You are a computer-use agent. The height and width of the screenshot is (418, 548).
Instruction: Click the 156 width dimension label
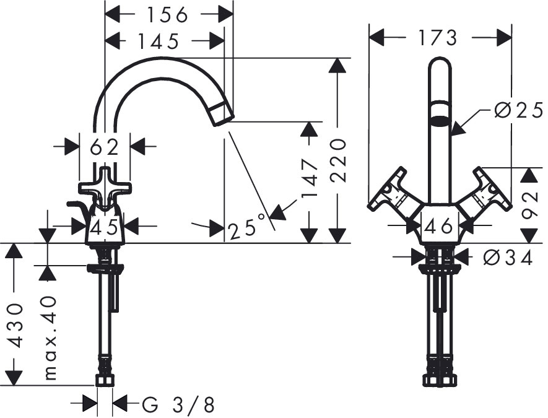point(167,15)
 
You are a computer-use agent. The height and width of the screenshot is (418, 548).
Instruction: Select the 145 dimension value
point(158,41)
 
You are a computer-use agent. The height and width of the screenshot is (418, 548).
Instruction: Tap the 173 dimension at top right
point(437,37)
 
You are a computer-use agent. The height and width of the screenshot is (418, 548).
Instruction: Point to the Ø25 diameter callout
point(519,111)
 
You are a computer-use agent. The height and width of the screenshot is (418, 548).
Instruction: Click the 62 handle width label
point(104,147)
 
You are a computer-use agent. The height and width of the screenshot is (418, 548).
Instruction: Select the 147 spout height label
point(310,178)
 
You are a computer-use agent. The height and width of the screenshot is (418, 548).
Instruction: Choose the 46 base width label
point(438,227)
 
